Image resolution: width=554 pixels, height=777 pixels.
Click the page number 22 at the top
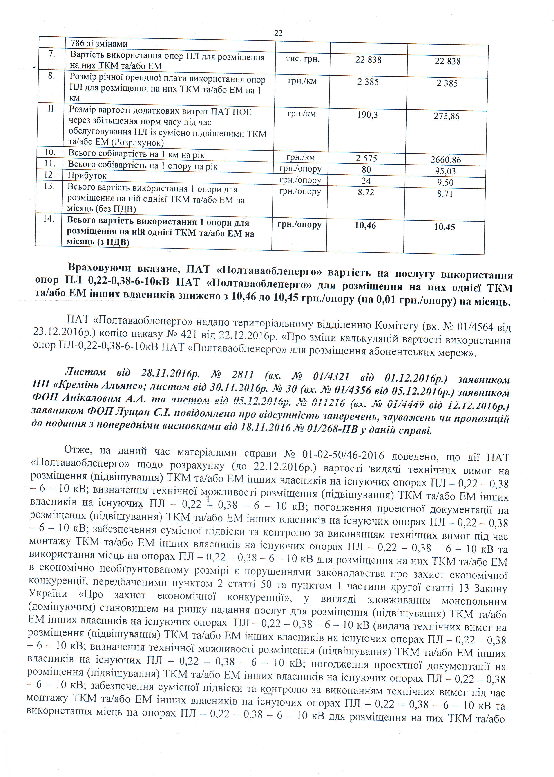(278, 33)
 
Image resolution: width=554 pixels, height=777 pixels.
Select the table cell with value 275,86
(447, 116)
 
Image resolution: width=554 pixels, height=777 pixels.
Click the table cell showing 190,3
(367, 115)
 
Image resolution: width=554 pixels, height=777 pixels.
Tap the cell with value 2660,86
(446, 160)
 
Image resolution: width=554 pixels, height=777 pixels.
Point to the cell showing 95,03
(445, 171)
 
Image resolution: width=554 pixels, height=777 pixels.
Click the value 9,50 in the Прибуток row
(445, 183)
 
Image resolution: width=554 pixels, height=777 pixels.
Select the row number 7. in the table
(51, 54)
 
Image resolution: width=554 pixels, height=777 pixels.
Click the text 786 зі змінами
(99, 44)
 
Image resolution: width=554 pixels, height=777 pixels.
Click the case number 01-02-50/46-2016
(343, 455)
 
